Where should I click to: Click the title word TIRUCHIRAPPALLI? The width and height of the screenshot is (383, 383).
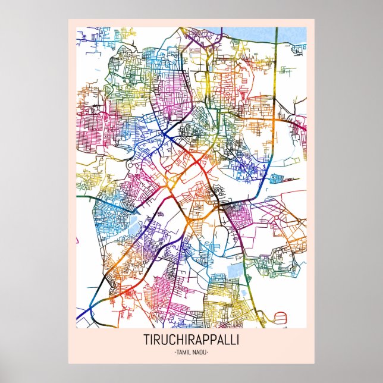click(191, 341)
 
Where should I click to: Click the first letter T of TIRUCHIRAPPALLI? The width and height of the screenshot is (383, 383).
click(146, 341)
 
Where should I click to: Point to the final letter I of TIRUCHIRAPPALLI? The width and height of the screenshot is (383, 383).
click(238, 341)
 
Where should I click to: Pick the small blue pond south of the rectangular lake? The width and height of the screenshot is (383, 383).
click(231, 292)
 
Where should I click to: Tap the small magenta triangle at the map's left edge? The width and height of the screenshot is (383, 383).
click(77, 240)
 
